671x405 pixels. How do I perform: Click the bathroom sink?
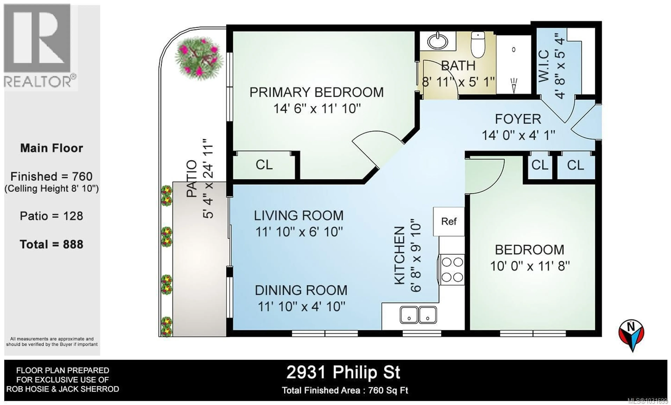(x=437, y=41)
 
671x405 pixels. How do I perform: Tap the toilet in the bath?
(x=478, y=45)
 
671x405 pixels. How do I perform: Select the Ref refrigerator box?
(x=449, y=221)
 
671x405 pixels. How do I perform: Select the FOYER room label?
(x=518, y=119)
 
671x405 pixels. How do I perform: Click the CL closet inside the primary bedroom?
(x=264, y=165)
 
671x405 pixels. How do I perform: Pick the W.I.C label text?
(x=544, y=66)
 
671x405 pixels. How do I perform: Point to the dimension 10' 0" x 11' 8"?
(x=530, y=266)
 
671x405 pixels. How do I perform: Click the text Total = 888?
(x=52, y=244)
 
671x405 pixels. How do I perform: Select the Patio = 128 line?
(x=52, y=216)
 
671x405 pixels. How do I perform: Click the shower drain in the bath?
(x=514, y=50)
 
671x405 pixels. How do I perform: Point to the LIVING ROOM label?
(x=298, y=216)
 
